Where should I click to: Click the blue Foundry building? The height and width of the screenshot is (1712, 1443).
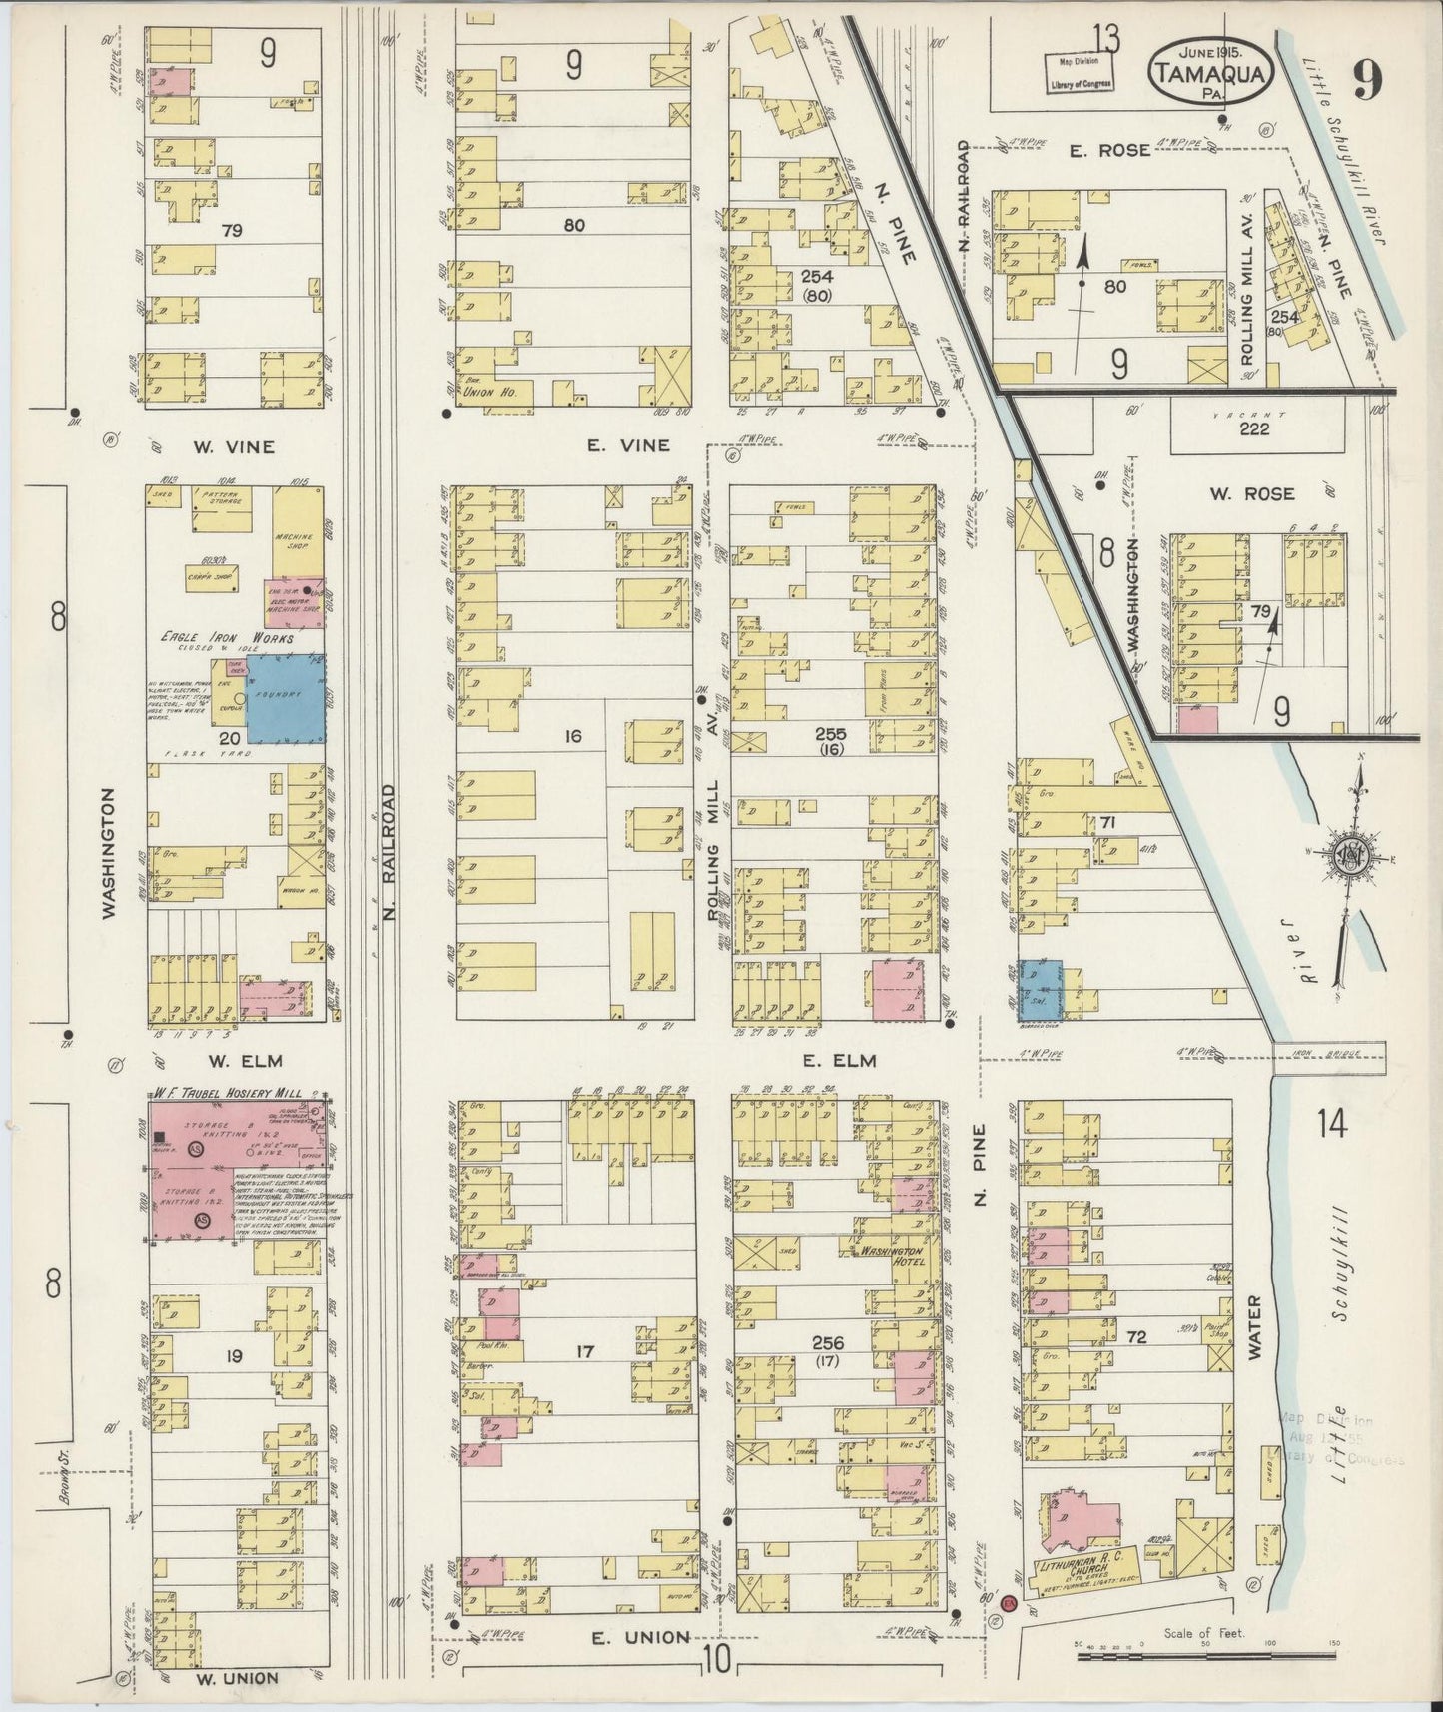pos(285,699)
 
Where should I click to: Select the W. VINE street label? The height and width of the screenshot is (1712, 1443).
pos(234,447)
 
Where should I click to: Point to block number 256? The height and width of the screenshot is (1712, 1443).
pos(828,1342)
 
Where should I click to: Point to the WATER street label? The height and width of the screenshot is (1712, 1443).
pos(1255,1328)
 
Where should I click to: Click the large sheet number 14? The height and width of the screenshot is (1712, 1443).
pos(1331,1124)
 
